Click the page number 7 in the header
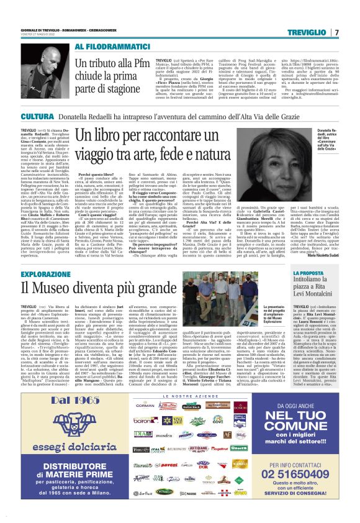click(336, 32)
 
